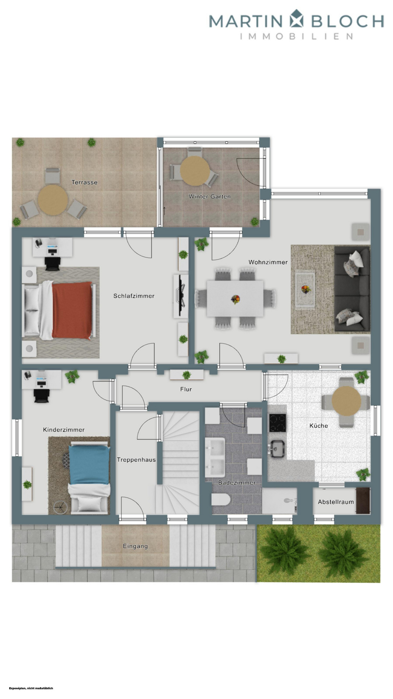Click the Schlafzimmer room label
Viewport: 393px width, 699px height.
(134, 296)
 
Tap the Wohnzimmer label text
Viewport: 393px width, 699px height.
(268, 262)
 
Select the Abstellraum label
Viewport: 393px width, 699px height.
(336, 502)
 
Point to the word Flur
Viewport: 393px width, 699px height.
(186, 389)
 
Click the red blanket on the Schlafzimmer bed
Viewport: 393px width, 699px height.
(72, 310)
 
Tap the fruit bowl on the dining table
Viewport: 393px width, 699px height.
(235, 299)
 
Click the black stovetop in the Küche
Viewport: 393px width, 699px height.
(277, 422)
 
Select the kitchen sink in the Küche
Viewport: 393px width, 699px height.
(277, 447)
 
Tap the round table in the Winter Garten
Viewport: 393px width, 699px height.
(195, 171)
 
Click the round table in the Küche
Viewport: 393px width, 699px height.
(346, 400)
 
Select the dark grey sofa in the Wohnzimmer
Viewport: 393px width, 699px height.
(352, 289)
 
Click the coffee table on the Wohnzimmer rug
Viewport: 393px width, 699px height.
(305, 289)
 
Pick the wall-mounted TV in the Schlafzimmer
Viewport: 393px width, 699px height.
(180, 296)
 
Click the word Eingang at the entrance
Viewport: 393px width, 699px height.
(135, 546)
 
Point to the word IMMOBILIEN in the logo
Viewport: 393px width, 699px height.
(296, 36)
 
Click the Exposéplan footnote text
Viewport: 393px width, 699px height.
(31, 688)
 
